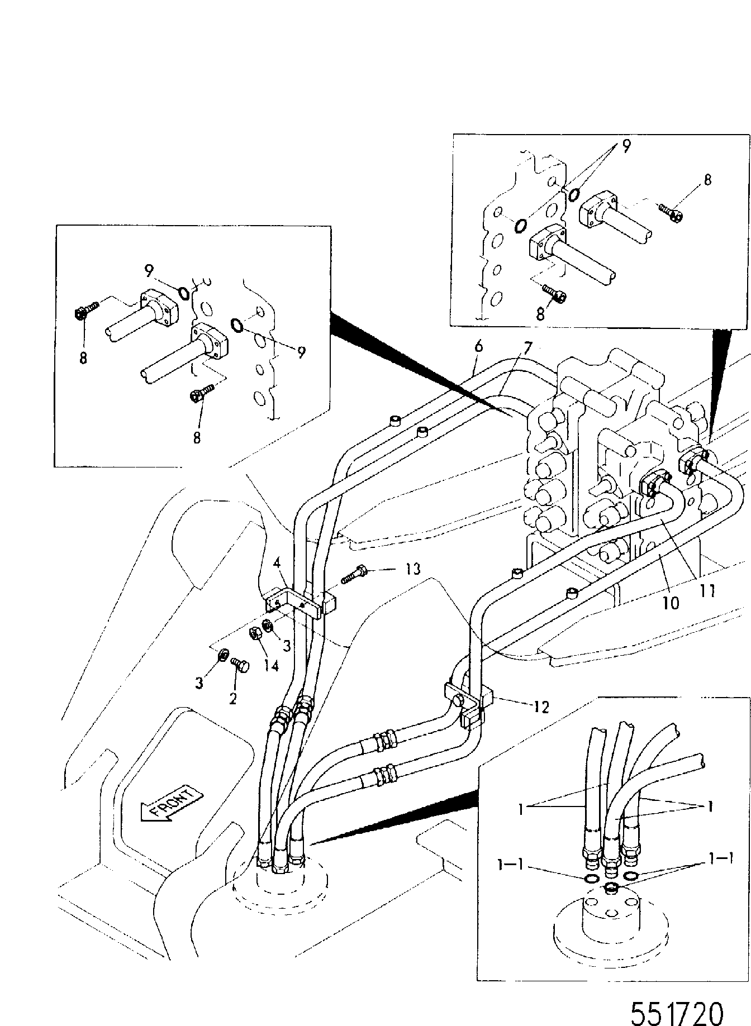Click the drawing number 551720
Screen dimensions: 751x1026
(677, 998)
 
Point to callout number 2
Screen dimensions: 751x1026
(232, 698)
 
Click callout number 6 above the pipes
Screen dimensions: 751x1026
(478, 346)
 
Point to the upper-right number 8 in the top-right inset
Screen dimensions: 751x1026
(707, 180)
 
